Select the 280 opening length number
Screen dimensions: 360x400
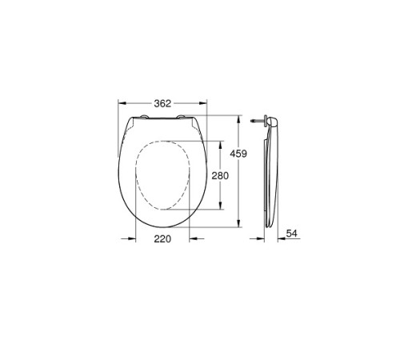[x=220, y=176]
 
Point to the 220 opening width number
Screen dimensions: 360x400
[x=162, y=238]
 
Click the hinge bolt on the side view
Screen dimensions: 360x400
[x=255, y=122]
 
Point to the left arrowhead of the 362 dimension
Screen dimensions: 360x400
[x=120, y=103]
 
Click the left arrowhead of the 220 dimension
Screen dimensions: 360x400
[x=136, y=238]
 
